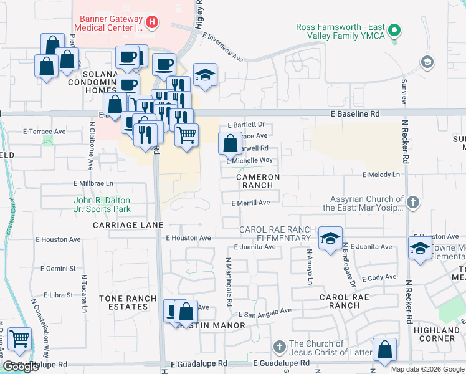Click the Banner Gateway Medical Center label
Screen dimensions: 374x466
tap(108, 22)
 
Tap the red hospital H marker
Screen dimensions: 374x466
tap(153, 24)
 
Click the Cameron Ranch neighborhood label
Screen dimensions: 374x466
tap(254, 181)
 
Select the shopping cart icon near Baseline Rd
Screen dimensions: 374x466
tap(186, 135)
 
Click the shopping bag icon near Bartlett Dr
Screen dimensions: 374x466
tap(230, 144)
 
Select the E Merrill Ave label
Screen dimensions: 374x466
tap(250, 203)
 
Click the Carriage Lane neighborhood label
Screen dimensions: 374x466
tap(128, 224)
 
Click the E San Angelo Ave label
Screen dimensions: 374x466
tap(265, 312)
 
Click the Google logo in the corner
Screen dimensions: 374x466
tap(21, 366)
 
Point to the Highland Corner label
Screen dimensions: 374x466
tap(437, 334)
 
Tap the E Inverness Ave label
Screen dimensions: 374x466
tap(222, 47)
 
